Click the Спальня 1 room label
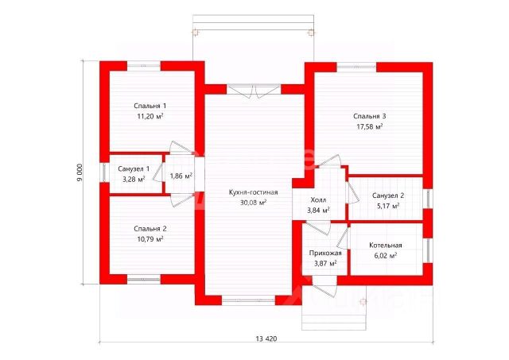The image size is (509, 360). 150,106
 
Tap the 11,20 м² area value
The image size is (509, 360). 150,116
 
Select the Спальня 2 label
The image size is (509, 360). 150,229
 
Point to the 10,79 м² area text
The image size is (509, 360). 150,239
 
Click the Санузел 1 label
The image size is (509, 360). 134,168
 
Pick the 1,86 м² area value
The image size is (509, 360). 181,176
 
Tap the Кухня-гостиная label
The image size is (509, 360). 253,192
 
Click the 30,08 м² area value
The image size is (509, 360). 253,203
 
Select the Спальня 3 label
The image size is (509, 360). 369,116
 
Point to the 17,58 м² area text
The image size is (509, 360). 369,126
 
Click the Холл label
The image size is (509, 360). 318,199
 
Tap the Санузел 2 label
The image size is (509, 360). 388,195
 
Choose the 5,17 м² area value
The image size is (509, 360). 388,206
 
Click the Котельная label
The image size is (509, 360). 386,246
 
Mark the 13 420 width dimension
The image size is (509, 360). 266,339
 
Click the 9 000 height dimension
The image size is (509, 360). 80,172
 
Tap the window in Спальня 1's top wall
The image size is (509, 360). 143,66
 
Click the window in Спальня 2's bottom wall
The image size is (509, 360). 143,279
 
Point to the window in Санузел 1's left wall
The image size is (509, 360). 104,172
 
